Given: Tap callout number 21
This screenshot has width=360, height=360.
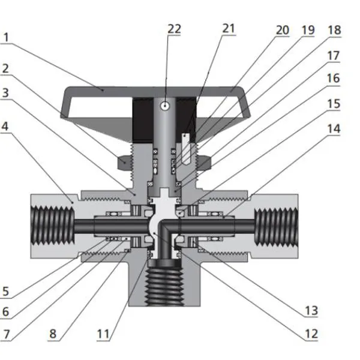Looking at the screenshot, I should (229, 28).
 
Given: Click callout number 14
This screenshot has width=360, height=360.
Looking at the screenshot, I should (334, 128).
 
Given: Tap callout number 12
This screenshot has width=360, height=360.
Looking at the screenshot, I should (310, 333).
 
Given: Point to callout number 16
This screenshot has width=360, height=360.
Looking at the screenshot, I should (334, 79).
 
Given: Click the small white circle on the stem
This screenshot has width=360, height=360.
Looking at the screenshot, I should (164, 105).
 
